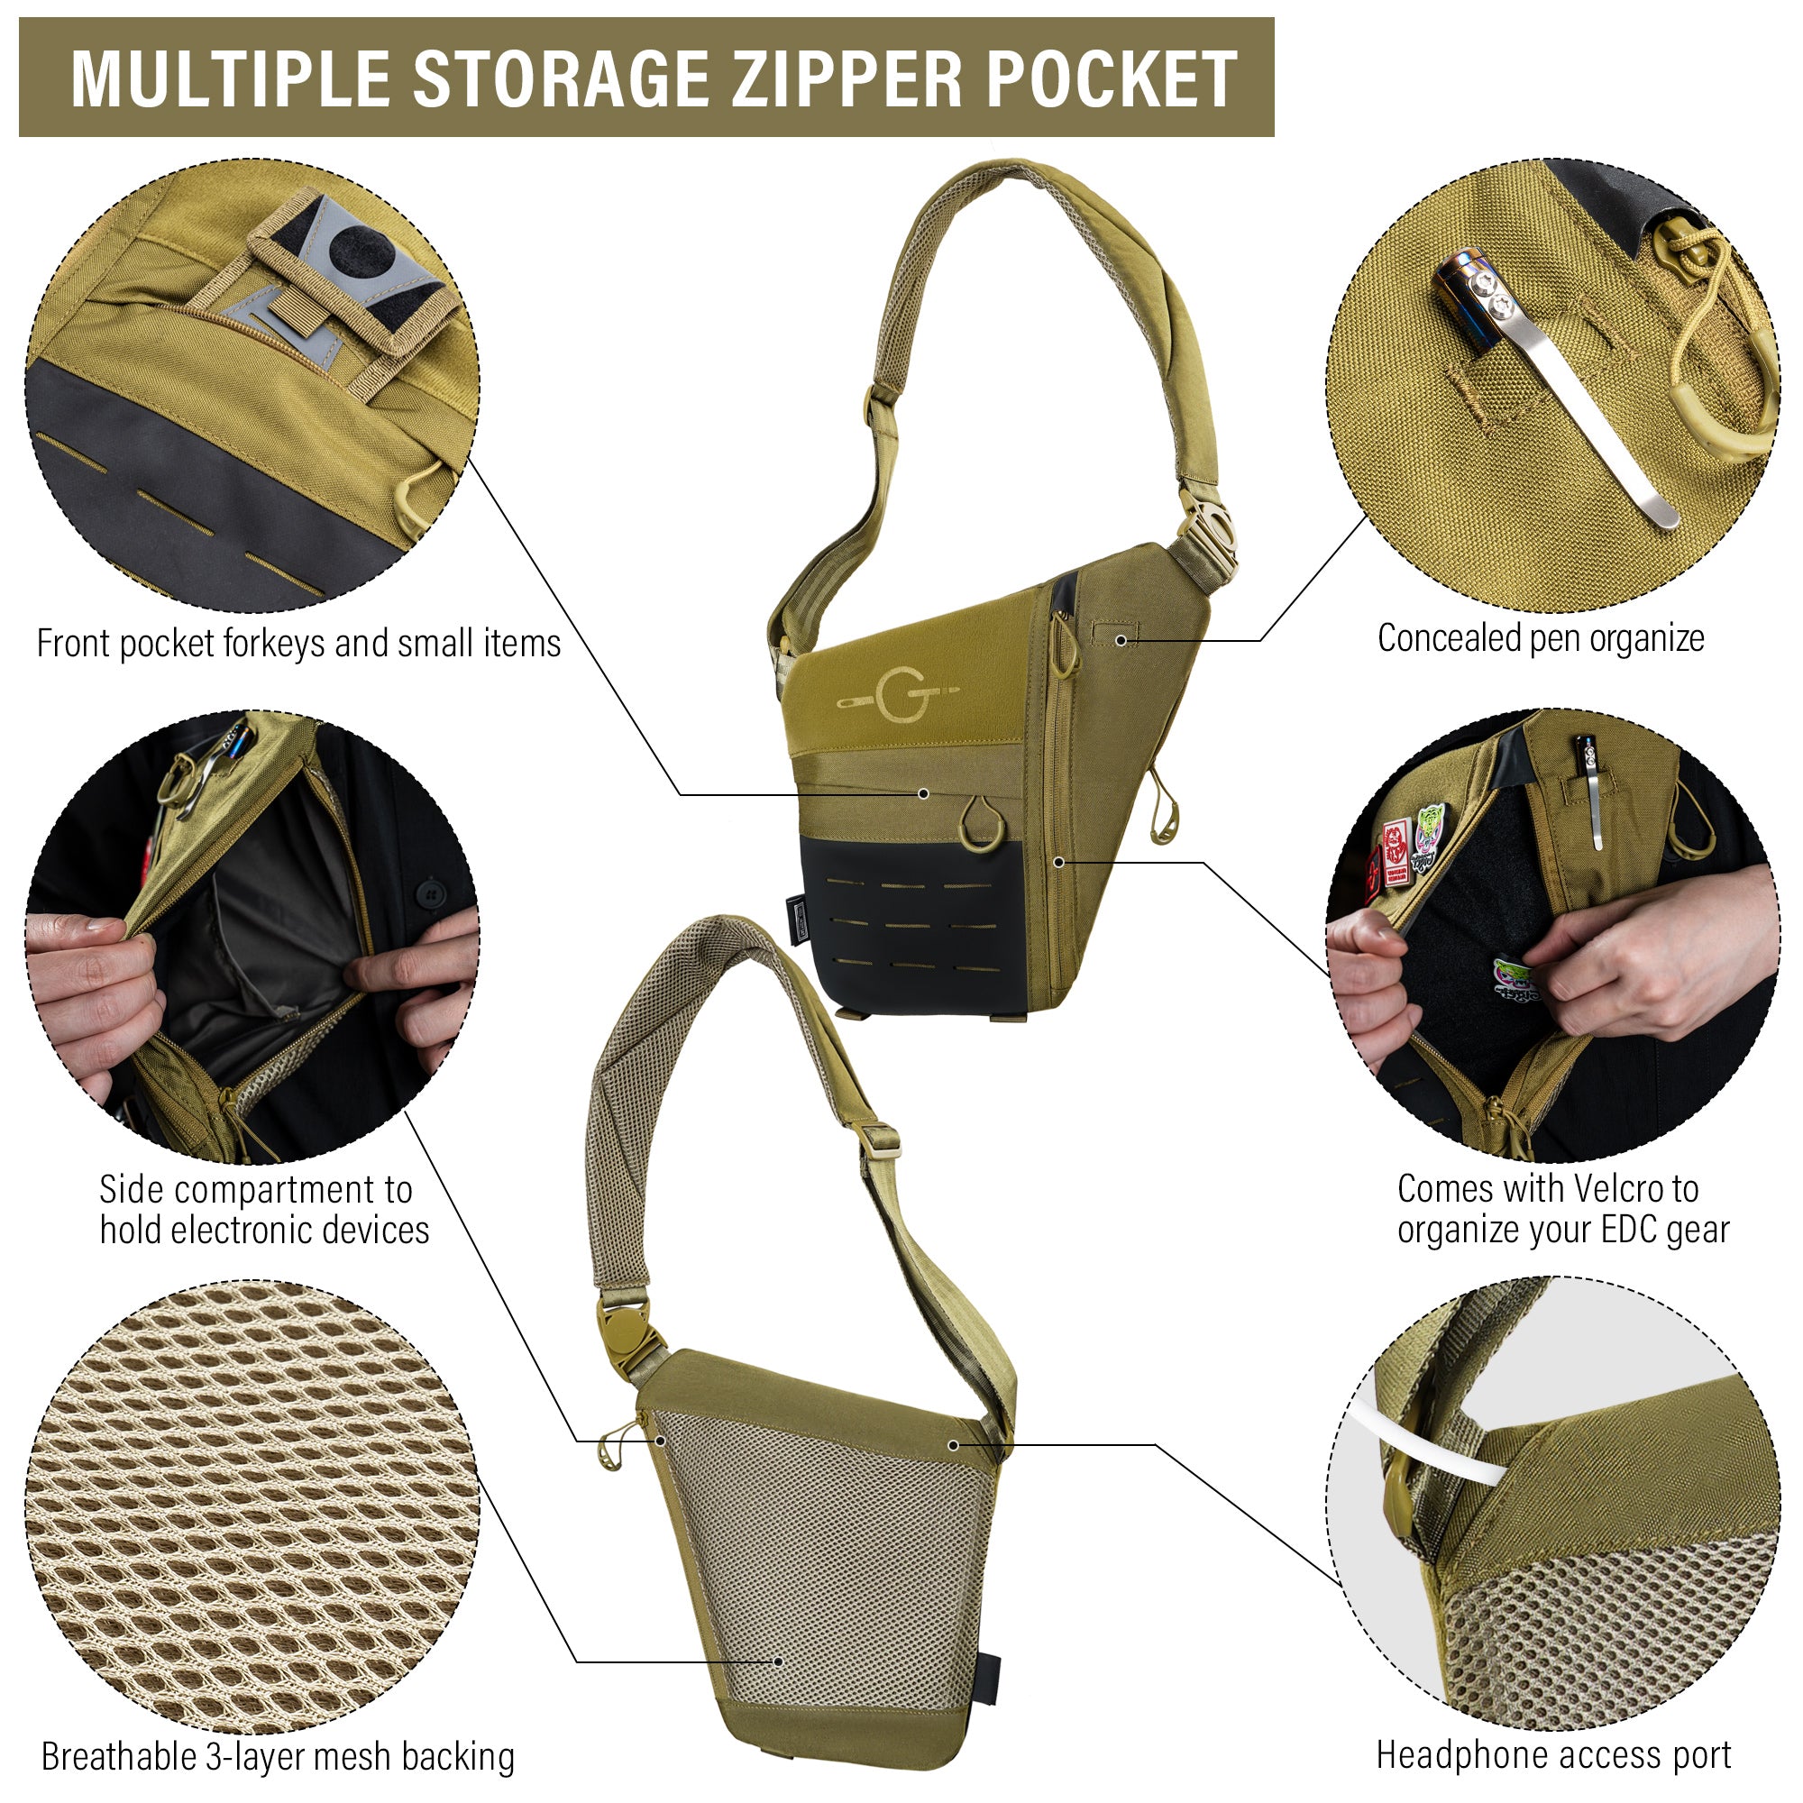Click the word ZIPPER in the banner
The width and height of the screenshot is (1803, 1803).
click(x=847, y=78)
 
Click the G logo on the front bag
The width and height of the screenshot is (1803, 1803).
click(x=897, y=695)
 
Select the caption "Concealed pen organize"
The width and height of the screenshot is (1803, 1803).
click(x=1541, y=639)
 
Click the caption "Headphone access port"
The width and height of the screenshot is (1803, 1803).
click(x=1554, y=1754)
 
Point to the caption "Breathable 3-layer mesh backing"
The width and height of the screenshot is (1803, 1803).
click(x=278, y=1756)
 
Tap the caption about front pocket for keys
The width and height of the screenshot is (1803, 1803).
click(x=298, y=644)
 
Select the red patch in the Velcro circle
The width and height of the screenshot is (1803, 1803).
click(x=1396, y=850)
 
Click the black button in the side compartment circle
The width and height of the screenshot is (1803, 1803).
click(x=430, y=893)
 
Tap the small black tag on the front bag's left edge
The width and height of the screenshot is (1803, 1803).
click(x=795, y=919)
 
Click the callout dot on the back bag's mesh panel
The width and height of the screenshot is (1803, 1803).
click(x=777, y=1661)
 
